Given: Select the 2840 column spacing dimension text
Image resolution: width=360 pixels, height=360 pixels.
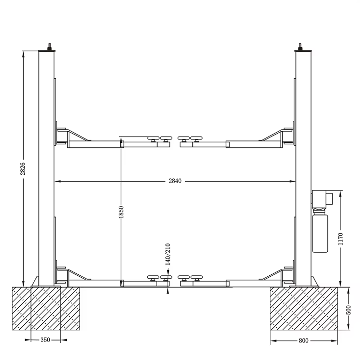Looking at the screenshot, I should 175,181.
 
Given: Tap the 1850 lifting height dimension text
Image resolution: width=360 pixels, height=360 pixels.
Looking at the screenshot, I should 121,212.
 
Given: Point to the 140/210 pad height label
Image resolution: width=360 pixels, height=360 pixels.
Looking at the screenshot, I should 168,254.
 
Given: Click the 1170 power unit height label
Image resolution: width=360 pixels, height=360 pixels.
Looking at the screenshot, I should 340,239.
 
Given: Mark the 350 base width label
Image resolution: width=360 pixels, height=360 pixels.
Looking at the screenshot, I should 45,340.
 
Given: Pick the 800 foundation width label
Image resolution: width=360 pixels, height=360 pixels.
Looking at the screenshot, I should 303,341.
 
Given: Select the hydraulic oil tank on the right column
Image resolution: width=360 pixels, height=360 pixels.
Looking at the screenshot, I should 320,233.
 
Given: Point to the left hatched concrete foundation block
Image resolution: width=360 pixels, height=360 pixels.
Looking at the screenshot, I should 46,308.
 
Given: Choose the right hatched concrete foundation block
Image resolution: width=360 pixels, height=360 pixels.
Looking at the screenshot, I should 304,308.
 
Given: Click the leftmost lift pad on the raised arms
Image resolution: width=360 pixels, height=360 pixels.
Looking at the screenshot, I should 153,138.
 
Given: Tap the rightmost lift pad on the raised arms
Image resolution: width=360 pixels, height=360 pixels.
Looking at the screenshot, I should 196,138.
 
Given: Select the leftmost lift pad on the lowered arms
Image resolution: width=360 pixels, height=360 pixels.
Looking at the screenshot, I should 153,278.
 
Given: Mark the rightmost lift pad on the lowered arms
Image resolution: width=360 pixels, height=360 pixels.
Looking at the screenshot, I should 196,278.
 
